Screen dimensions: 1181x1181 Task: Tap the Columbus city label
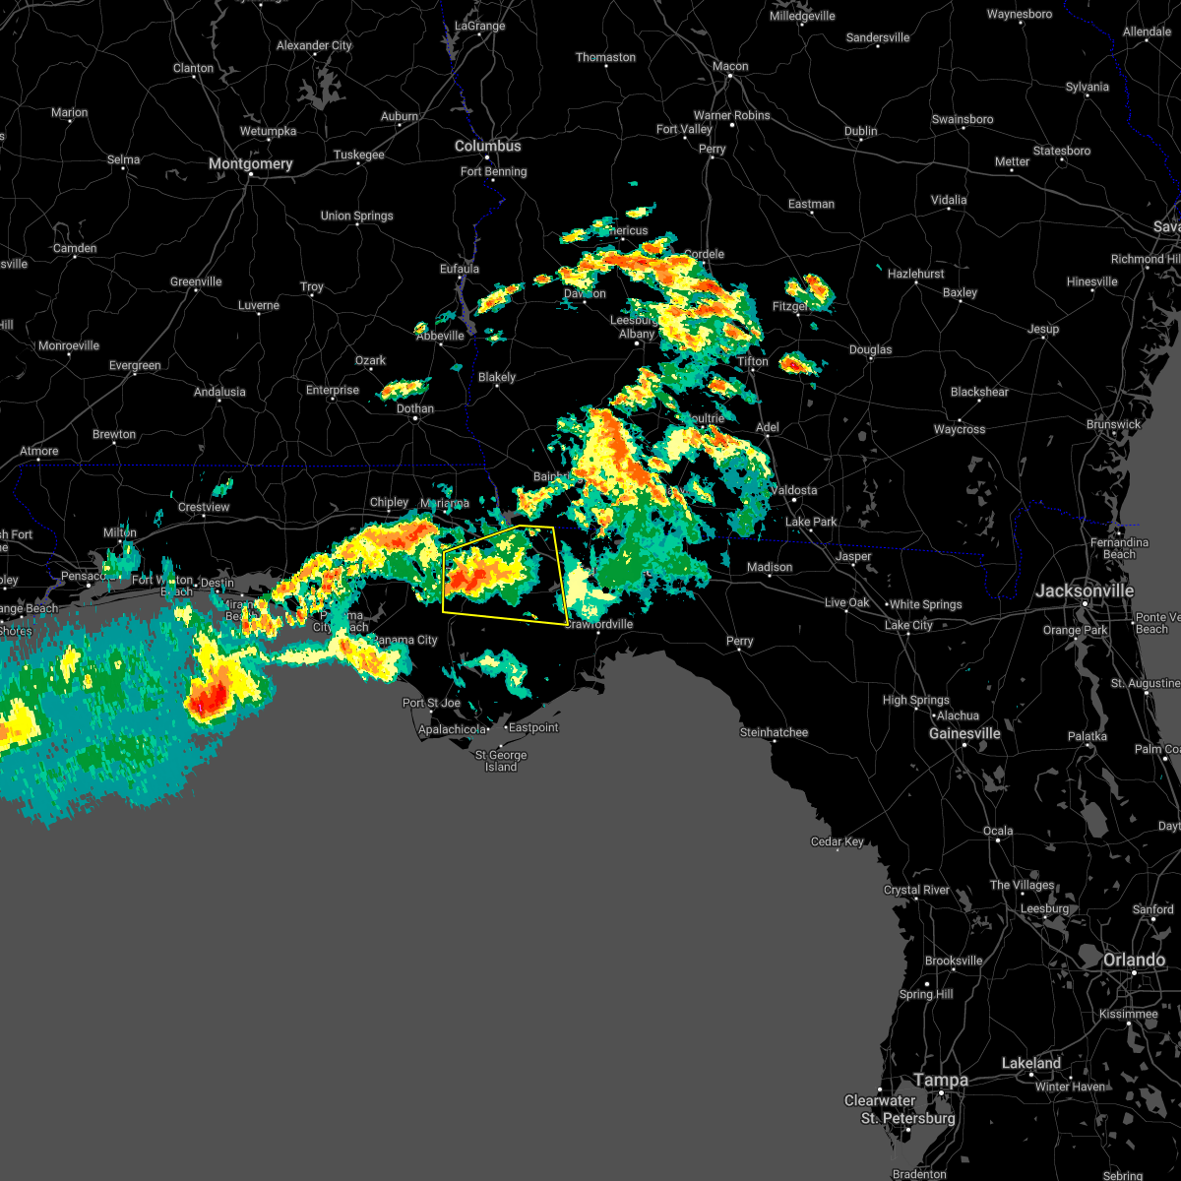click(x=488, y=146)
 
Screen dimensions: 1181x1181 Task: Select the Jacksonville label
click(x=1085, y=590)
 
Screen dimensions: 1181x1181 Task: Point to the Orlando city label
click(x=1134, y=960)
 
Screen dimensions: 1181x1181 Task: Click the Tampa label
click(x=941, y=1080)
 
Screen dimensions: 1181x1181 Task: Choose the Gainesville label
click(x=965, y=733)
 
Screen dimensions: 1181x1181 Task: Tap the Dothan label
click(x=415, y=408)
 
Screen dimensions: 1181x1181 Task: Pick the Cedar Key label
click(x=838, y=841)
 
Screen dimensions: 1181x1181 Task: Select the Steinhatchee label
click(x=775, y=732)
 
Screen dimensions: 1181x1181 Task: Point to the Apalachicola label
click(x=453, y=729)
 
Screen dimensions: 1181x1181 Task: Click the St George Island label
click(x=501, y=761)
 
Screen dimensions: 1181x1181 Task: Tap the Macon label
click(x=730, y=66)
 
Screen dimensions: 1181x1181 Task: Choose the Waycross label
click(x=960, y=429)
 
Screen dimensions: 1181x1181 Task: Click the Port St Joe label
click(x=431, y=703)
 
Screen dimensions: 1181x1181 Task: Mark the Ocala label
click(x=998, y=831)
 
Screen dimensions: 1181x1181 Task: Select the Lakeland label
click(x=1031, y=1063)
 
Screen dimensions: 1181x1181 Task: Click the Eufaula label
click(x=460, y=269)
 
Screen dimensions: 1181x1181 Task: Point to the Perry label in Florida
click(x=739, y=641)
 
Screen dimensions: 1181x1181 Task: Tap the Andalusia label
click(x=219, y=392)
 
